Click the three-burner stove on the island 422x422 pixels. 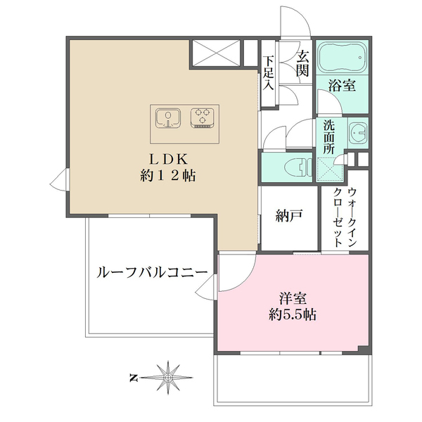[x=203, y=117]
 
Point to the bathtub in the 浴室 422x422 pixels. [x=341, y=59]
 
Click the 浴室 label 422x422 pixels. [x=342, y=87]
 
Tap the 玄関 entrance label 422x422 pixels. [x=302, y=64]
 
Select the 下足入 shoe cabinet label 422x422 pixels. [x=269, y=75]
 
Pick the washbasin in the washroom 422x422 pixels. [x=359, y=132]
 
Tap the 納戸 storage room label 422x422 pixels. [x=289, y=217]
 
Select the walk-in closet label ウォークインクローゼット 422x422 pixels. [x=345, y=217]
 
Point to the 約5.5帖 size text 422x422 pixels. [x=293, y=315]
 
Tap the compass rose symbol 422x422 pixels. [x=168, y=378]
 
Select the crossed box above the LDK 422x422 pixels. [x=215, y=53]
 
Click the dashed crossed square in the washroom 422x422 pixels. [x=329, y=170]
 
